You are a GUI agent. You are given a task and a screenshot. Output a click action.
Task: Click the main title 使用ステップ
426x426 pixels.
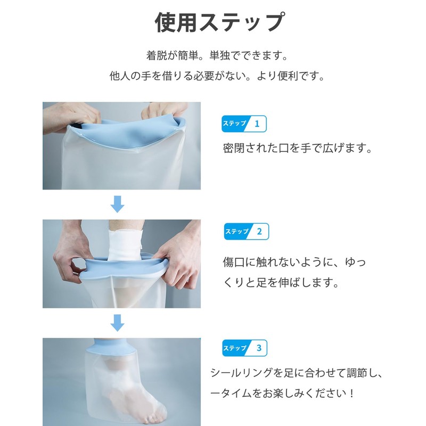tap(219, 23)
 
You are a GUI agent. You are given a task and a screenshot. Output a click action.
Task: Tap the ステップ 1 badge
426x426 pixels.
tap(244, 124)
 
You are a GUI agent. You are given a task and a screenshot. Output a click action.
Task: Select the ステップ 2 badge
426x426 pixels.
tap(247, 231)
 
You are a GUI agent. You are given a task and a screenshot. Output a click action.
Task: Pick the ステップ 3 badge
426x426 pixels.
tap(244, 348)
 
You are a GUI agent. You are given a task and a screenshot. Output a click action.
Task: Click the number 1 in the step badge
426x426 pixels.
tap(257, 124)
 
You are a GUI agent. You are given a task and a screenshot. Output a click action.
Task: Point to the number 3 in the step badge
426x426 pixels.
tap(259, 348)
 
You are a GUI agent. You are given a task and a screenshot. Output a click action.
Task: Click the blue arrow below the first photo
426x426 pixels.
tap(118, 204)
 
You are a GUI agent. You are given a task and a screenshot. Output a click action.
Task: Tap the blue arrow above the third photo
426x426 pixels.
tap(118, 322)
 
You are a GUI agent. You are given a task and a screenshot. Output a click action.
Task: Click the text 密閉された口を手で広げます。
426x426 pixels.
tap(296, 149)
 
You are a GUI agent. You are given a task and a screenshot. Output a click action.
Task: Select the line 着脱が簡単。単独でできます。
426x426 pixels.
tap(217, 55)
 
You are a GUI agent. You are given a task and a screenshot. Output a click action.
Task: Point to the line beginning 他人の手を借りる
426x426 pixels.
tap(217, 76)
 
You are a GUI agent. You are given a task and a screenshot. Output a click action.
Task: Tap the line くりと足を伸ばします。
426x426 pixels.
tap(281, 283)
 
